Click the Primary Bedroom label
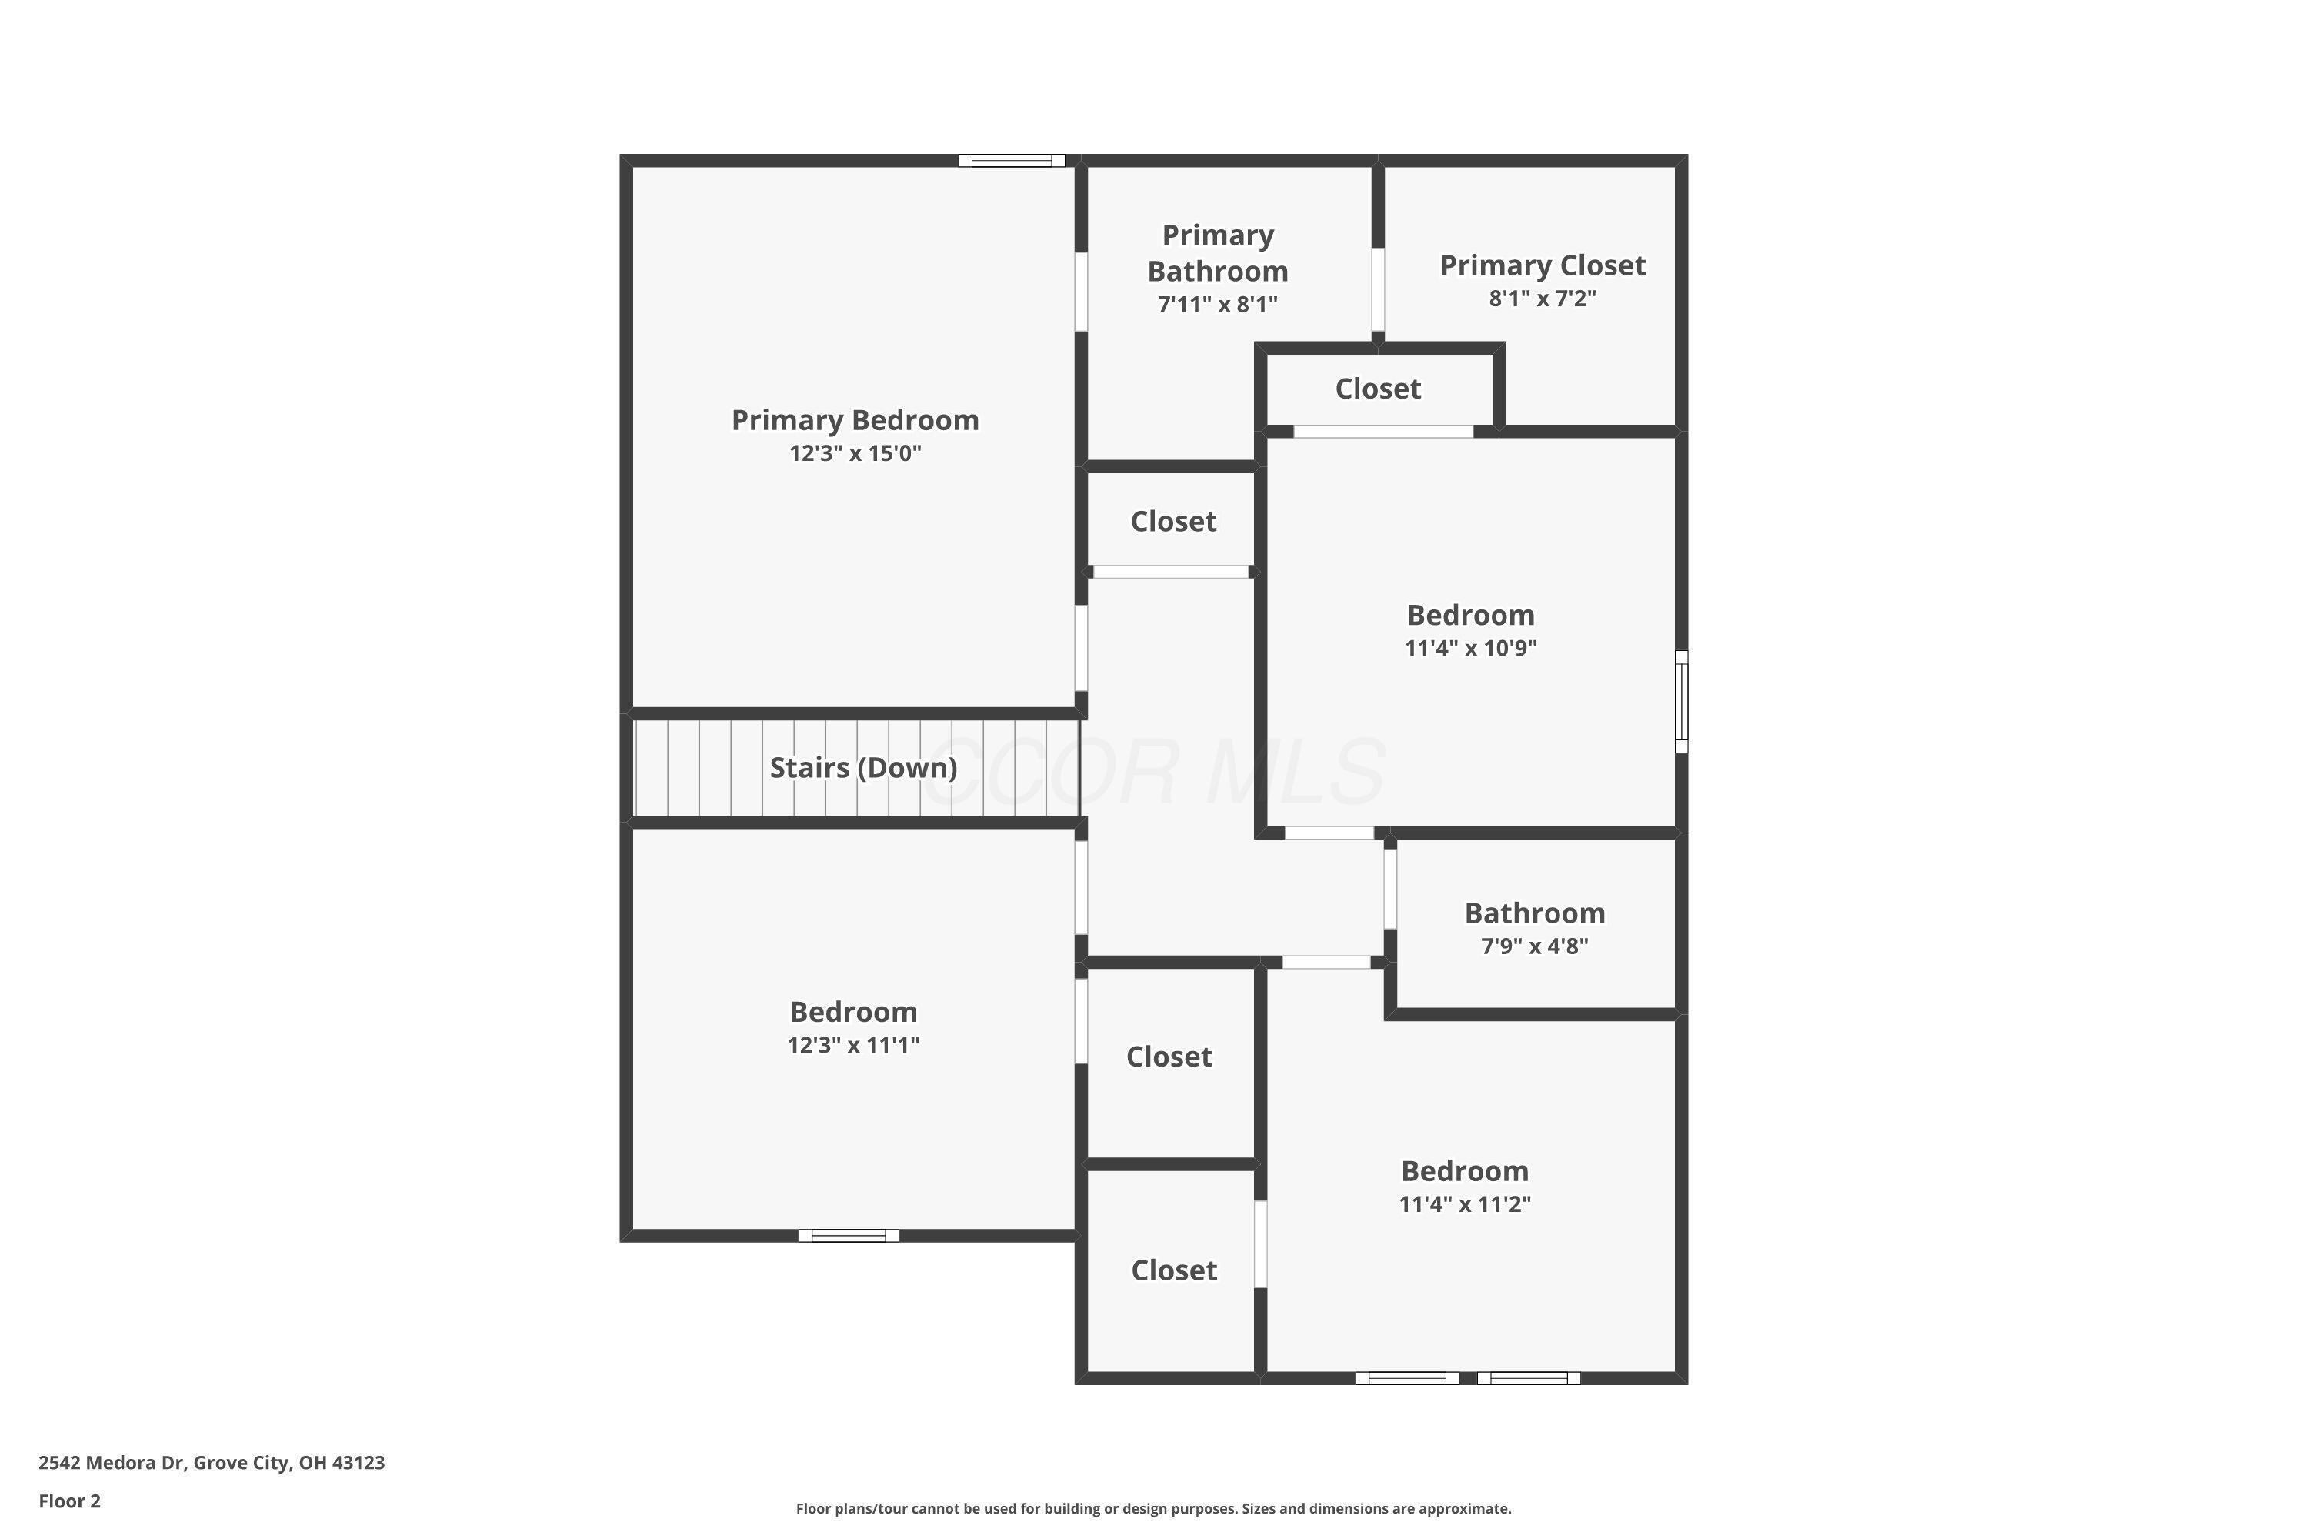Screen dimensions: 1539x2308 (855, 420)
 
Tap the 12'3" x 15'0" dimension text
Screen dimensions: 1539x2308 (855, 453)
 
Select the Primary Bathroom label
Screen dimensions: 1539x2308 (1217, 253)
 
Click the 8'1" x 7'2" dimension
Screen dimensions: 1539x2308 (1542, 299)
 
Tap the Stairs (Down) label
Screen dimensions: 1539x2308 (862, 767)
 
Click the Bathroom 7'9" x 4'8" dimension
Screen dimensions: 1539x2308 (1534, 946)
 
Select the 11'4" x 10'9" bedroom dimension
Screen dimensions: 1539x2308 (1470, 648)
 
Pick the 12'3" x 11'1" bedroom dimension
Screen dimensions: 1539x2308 (852, 1044)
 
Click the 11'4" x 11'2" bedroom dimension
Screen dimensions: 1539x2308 (1464, 1204)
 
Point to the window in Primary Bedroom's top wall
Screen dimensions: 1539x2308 (1011, 161)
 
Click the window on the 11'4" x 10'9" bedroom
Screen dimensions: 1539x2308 (1680, 701)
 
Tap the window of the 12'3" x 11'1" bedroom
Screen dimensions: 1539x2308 (848, 1236)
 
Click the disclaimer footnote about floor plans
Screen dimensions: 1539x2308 (1153, 1508)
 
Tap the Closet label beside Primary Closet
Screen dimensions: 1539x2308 (1378, 389)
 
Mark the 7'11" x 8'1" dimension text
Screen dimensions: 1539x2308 (1217, 304)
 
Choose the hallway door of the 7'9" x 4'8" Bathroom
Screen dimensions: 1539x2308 (1389, 888)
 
